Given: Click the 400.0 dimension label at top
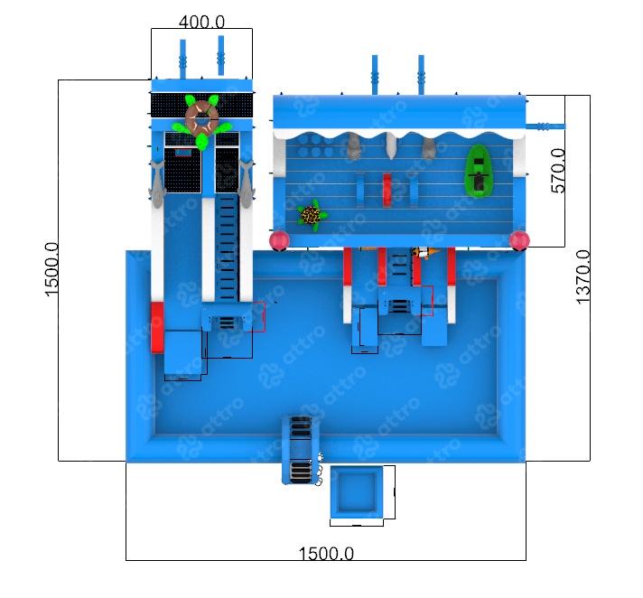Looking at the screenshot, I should (x=201, y=21).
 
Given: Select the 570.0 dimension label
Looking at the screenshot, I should (x=558, y=171).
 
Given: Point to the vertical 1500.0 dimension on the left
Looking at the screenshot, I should (x=51, y=269).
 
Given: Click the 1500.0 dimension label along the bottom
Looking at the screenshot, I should (x=325, y=553).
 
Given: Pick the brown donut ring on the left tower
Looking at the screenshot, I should (x=202, y=117).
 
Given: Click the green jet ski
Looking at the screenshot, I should (x=477, y=171).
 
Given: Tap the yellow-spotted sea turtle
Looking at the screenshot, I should (x=312, y=216).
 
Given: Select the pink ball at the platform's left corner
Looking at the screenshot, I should (x=280, y=240).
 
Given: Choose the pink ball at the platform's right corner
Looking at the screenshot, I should (x=518, y=240).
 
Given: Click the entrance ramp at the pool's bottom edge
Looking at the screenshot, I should (x=300, y=449).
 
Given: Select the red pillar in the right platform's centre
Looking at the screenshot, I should (x=387, y=189).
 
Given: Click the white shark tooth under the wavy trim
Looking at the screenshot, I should (x=392, y=145).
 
